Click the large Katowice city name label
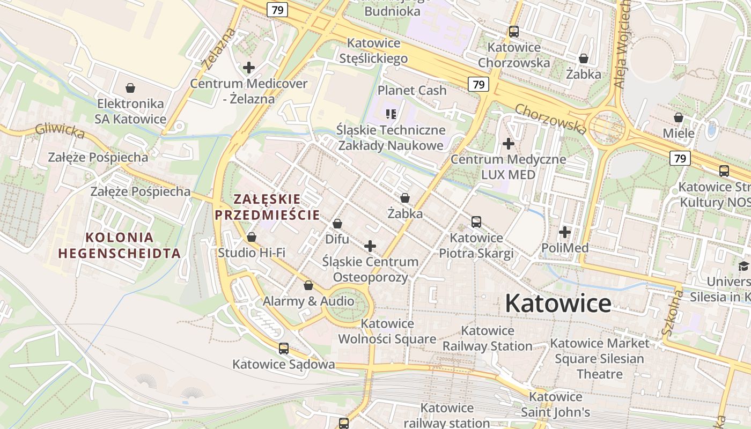tap(558, 304)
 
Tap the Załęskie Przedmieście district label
tap(267, 207)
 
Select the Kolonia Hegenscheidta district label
tap(119, 245)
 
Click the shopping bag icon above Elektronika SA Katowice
tap(130, 87)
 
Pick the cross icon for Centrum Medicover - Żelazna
tap(249, 68)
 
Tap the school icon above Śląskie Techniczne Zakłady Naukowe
tap(391, 114)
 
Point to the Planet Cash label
tap(412, 90)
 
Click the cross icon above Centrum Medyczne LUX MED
tap(509, 144)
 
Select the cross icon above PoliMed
tap(564, 232)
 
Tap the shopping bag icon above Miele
tap(679, 117)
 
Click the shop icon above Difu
tap(337, 224)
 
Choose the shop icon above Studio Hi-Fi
tap(252, 237)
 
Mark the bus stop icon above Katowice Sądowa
tap(284, 349)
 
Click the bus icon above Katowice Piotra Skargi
tap(476, 222)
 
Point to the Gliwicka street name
tap(60, 131)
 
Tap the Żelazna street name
tap(219, 49)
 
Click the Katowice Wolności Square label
tap(387, 331)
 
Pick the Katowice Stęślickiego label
tap(374, 50)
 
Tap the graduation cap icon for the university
tap(743, 266)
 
